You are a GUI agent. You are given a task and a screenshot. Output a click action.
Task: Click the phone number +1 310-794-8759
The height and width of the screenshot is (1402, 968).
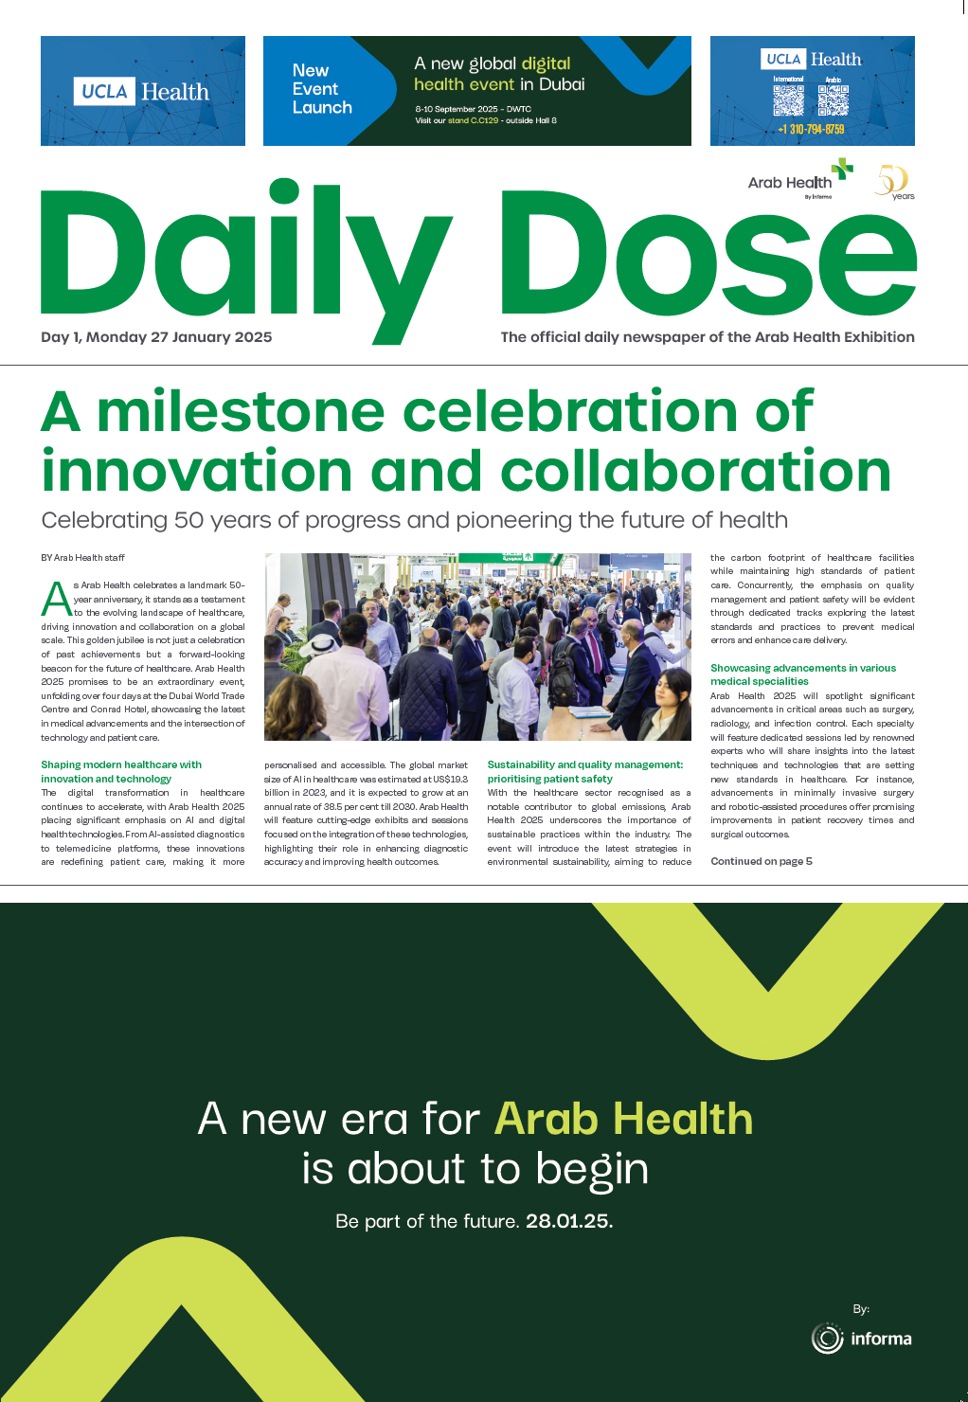coord(811,129)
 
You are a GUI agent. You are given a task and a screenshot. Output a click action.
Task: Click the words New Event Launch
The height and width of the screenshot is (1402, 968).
coord(321,89)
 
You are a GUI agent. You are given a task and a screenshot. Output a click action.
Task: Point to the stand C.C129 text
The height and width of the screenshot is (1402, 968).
coord(473,121)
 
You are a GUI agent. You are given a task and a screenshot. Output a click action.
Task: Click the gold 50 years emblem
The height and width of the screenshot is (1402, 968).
coord(894,181)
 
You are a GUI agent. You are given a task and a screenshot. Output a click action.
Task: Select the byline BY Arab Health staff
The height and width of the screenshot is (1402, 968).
coord(82,558)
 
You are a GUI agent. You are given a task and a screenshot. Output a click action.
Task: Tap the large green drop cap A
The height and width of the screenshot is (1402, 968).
coord(56,599)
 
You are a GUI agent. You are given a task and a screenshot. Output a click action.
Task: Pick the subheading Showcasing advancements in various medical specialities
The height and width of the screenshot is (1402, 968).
coord(802,674)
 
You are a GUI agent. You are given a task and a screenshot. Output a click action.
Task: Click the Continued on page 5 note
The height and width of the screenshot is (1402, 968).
coord(761,861)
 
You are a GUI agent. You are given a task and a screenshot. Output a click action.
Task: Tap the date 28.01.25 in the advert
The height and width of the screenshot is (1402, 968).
coord(568,1221)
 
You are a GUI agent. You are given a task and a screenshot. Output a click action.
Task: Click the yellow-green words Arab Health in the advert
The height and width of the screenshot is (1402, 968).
coord(623,1119)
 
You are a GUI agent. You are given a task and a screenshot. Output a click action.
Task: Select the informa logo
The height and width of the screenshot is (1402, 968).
coord(861,1339)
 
